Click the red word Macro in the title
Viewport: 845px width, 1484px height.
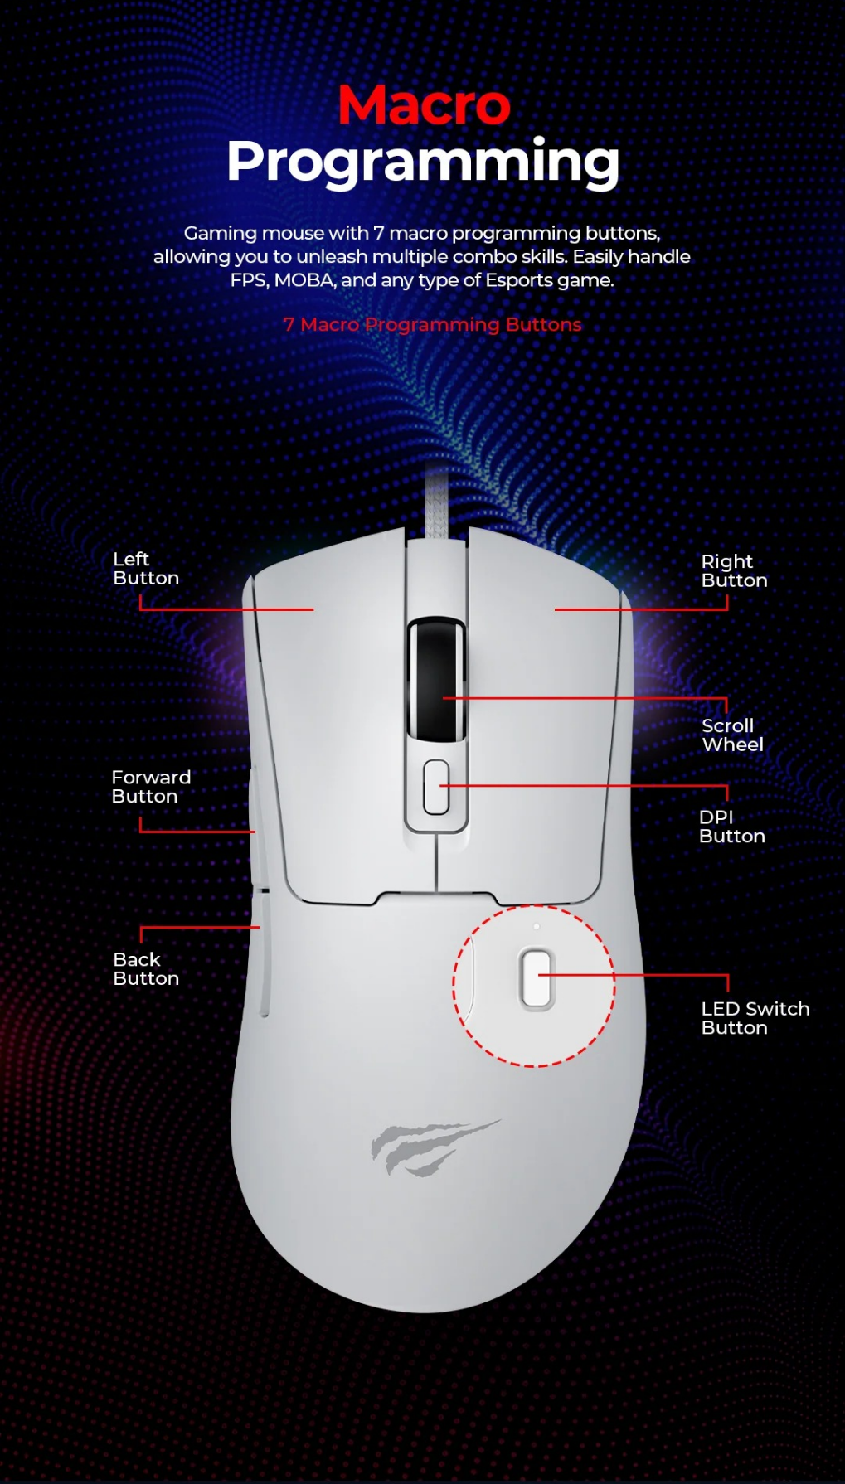tap(424, 105)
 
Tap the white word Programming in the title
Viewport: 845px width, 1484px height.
tap(423, 162)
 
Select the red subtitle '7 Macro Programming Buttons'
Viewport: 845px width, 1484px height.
tap(432, 324)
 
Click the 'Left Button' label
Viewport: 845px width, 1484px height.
tap(146, 569)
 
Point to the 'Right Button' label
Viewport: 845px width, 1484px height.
tap(734, 570)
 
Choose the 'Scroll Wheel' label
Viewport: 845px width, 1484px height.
tap(732, 735)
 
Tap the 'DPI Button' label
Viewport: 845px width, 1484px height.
tap(731, 827)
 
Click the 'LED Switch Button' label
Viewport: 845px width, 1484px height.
tap(755, 1018)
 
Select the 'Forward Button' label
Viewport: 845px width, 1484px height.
tap(151, 787)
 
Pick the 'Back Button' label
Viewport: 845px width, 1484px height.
tap(146, 969)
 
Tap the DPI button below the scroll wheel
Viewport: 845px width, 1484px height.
tap(436, 787)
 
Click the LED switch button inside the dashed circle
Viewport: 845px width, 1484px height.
tap(537, 979)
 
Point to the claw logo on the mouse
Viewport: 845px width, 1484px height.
tap(435, 1147)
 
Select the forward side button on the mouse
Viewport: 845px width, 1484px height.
tap(254, 826)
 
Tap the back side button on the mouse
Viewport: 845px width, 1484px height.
tap(264, 953)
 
